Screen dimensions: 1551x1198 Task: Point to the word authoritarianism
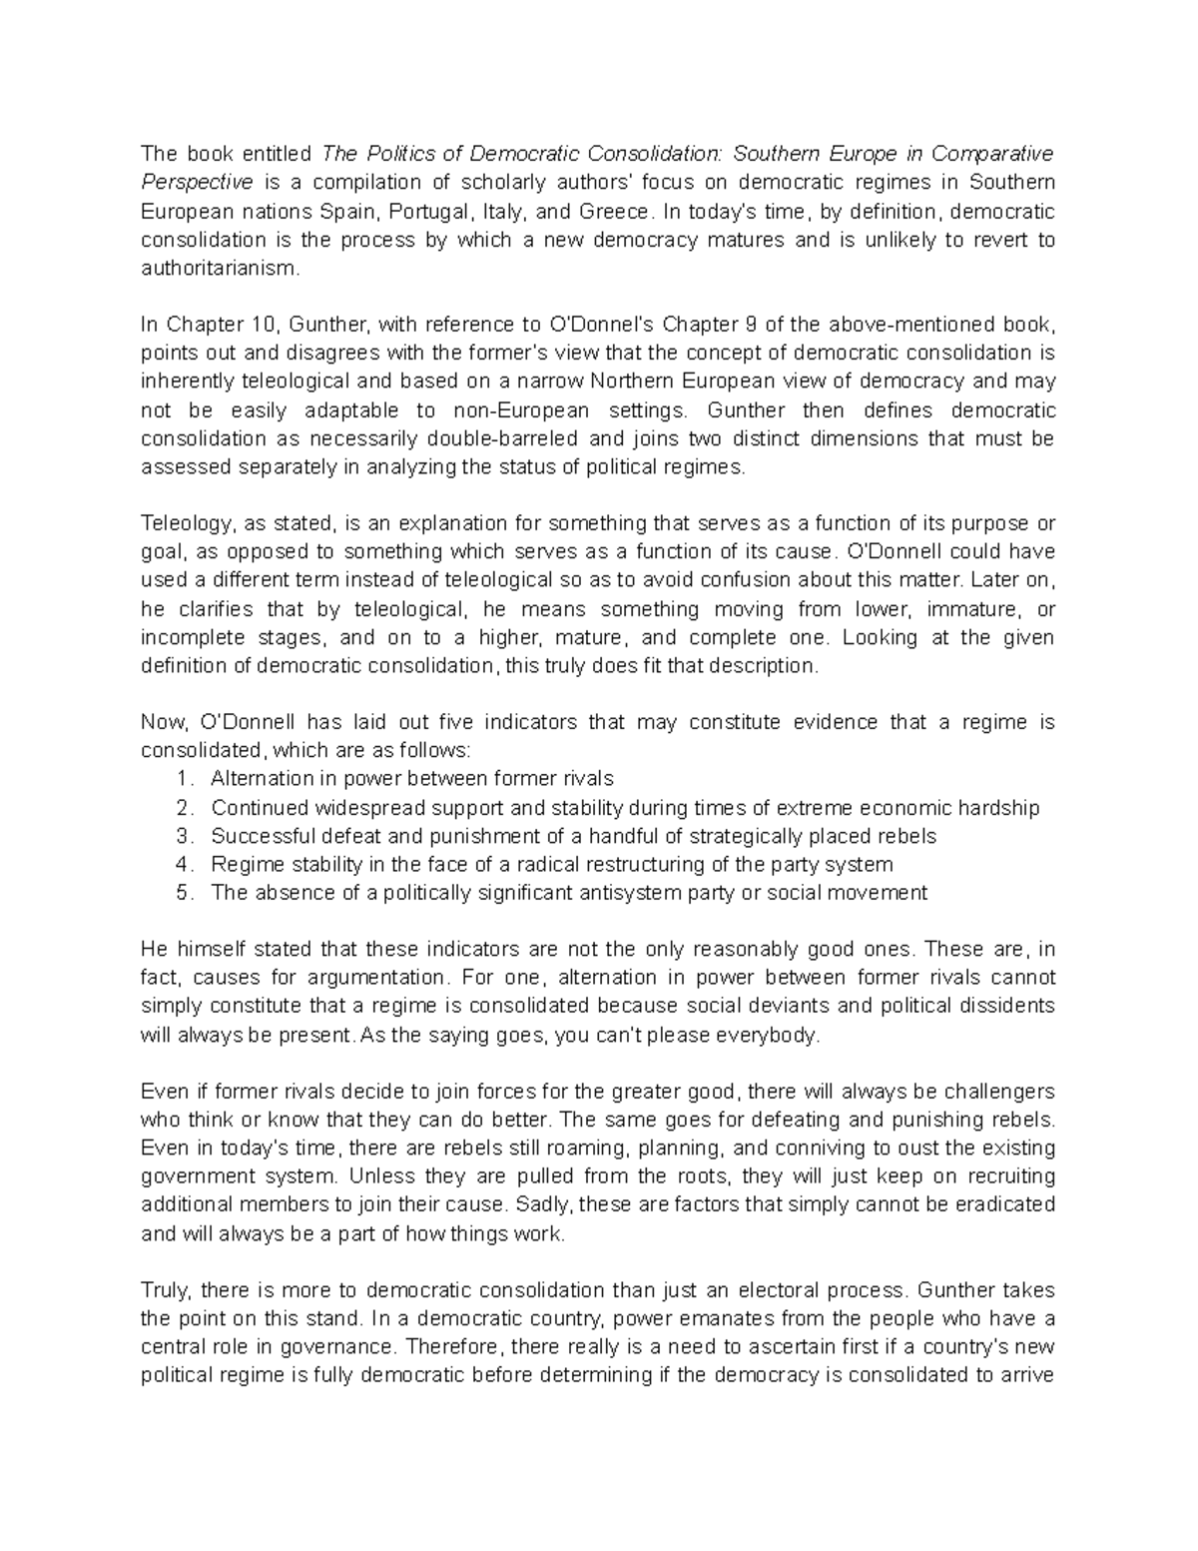220,269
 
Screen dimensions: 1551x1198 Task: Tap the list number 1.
182,779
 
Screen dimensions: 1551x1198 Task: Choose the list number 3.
182,836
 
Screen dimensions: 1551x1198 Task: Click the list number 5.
182,893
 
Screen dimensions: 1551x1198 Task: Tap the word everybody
770,1035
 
